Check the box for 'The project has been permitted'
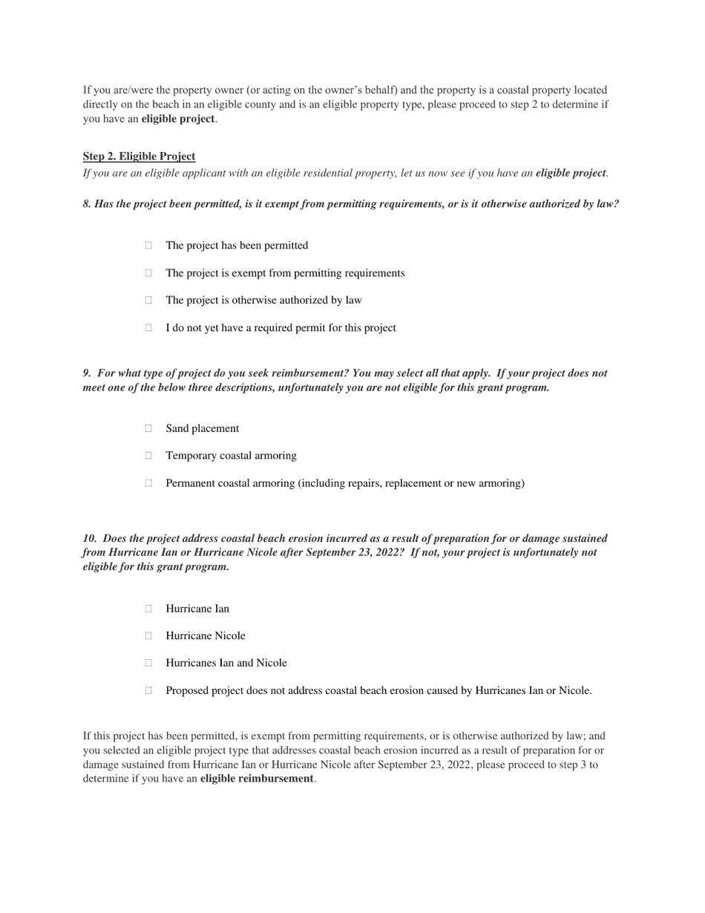point(148,246)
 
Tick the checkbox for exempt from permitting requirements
point(148,273)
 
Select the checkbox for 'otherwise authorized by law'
point(148,301)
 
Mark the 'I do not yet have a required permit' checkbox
point(148,328)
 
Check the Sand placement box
point(148,428)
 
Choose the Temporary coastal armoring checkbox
point(148,456)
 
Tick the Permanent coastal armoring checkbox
point(148,483)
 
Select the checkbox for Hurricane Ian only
point(148,609)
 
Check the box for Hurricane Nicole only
point(148,636)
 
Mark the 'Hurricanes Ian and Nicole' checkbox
point(148,663)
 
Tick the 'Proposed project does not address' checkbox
point(148,690)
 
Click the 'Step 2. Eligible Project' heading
point(139,157)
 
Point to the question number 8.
point(86,204)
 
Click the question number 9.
point(86,373)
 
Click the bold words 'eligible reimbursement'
point(256,779)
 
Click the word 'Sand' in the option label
point(177,429)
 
